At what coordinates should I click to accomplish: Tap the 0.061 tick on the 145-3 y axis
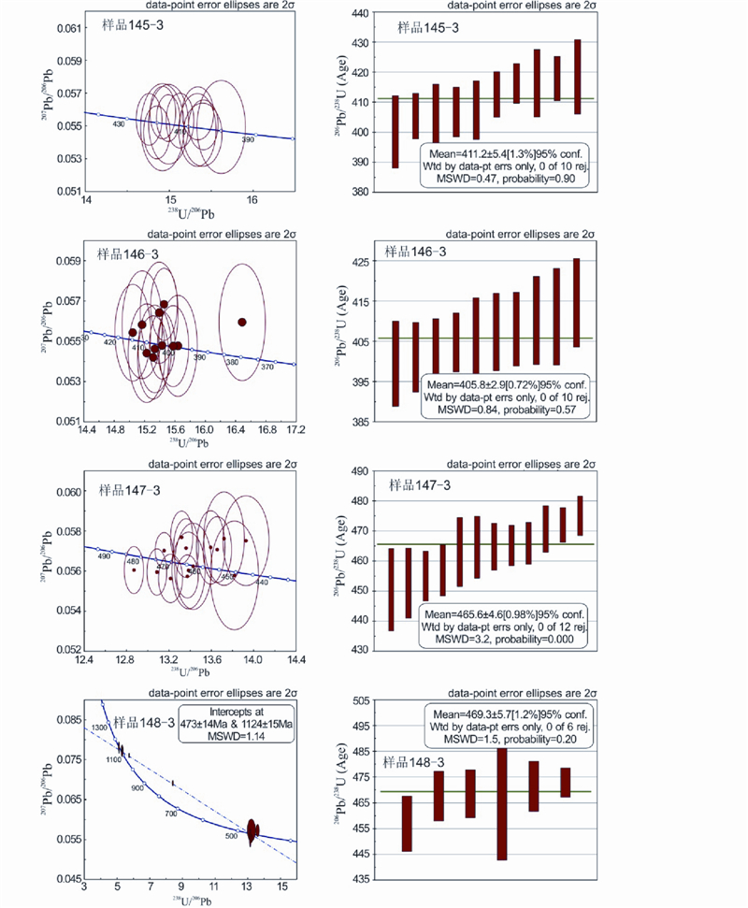[68, 29]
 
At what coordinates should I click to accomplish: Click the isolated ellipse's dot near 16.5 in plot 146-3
[242, 322]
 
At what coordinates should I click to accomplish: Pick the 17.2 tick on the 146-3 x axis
[295, 431]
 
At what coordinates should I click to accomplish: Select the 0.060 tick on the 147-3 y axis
[68, 492]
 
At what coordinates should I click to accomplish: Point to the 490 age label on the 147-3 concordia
[103, 556]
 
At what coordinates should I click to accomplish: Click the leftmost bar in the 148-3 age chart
[407, 823]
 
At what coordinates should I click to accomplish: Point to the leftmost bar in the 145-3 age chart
[396, 131]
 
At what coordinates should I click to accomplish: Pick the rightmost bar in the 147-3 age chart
[580, 515]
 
